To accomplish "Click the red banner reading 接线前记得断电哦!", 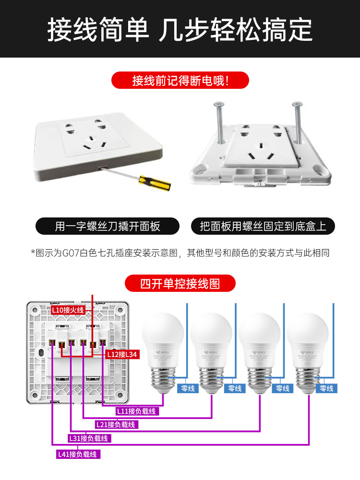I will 180,80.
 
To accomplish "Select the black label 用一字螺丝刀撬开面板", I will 108,226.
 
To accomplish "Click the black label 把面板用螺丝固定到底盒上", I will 263,226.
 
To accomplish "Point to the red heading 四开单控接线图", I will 180,283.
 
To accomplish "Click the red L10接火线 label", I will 68,310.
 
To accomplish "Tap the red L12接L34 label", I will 122,354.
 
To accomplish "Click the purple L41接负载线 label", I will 78,454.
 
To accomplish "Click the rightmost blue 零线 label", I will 326,388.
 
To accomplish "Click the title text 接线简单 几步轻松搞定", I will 180,30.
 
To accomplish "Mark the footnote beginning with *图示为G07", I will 180,252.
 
